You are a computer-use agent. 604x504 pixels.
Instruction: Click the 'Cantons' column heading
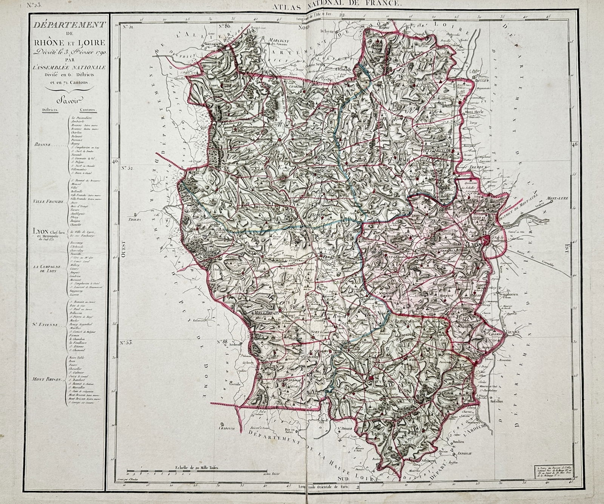coord(88,110)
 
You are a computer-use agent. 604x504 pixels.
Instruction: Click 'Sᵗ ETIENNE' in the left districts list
coord(45,324)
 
